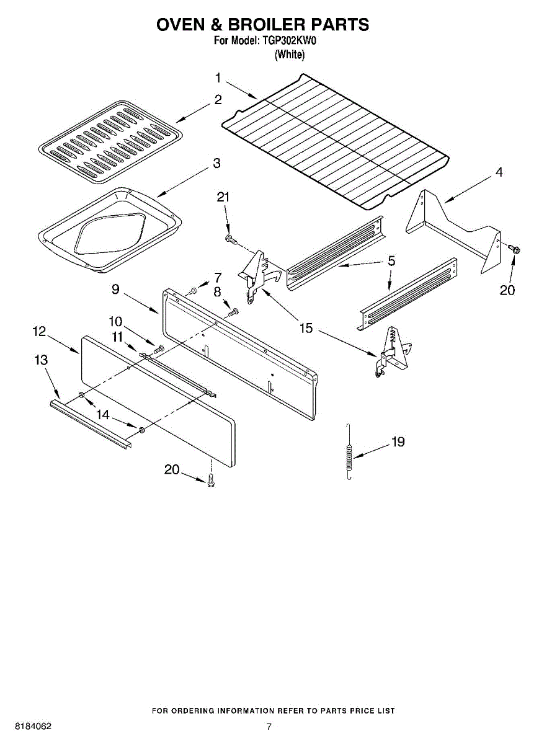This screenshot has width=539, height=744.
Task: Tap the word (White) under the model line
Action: [x=290, y=55]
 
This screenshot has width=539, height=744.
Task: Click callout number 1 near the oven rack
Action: [x=218, y=78]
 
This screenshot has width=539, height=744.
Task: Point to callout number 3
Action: [x=216, y=164]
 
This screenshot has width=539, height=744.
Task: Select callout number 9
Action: [x=116, y=289]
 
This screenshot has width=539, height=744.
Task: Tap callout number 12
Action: [x=40, y=332]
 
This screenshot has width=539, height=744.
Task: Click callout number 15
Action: [x=306, y=328]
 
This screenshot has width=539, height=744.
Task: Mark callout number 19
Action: [x=398, y=442]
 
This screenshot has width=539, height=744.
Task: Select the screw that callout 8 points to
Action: [x=234, y=313]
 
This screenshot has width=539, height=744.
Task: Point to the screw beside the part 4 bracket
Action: [x=514, y=249]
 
